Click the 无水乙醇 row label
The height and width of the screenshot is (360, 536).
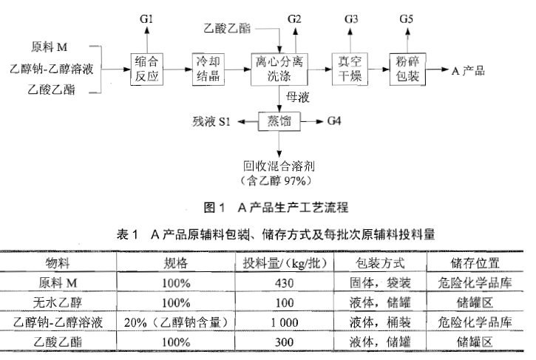coord(58,302)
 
